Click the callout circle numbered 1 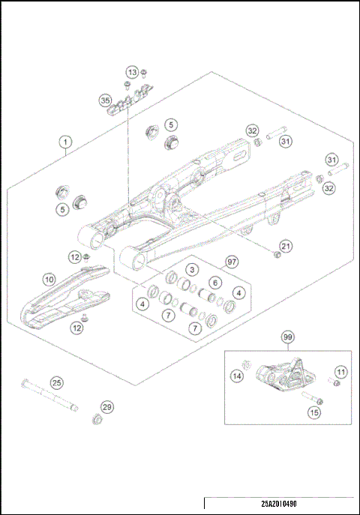coord(66,141)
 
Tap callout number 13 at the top coord(132,72)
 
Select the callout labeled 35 coord(105,99)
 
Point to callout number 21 coord(286,245)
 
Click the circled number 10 coord(49,279)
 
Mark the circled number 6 coord(214,283)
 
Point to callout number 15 coord(313,412)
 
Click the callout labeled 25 coord(55,382)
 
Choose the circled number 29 coord(107,407)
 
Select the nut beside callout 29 coord(97,418)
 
